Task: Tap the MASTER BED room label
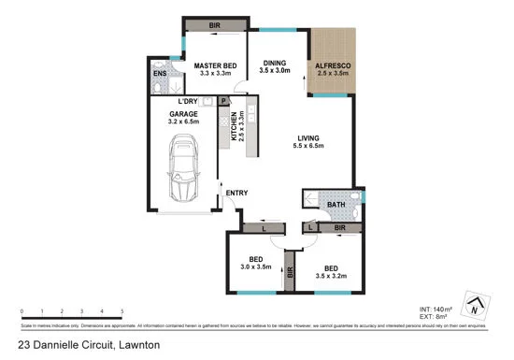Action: pyautogui.click(x=214, y=66)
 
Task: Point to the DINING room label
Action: pyautogui.click(x=274, y=62)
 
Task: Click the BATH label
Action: pyautogui.click(x=335, y=206)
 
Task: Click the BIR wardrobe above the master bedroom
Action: pyautogui.click(x=214, y=25)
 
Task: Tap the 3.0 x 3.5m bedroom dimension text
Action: pyautogui.click(x=255, y=267)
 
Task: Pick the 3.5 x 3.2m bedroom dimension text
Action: pyautogui.click(x=330, y=279)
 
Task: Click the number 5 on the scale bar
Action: pyautogui.click(x=122, y=311)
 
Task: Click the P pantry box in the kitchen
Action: pyautogui.click(x=224, y=101)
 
